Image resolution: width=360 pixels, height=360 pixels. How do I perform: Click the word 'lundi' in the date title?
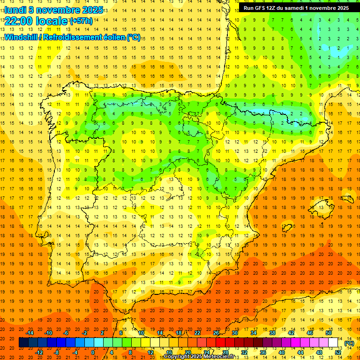(x=15, y=9)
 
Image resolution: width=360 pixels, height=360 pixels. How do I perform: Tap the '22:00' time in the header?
(x=19, y=21)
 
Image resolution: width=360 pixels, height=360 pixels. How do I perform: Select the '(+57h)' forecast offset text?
(x=81, y=21)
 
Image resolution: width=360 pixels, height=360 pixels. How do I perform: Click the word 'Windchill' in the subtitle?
(x=22, y=37)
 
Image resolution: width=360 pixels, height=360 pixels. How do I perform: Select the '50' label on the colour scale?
(x=329, y=333)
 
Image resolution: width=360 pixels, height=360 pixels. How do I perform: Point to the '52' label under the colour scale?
(x=338, y=352)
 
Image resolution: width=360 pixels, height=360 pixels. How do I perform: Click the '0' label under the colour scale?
(x=93, y=352)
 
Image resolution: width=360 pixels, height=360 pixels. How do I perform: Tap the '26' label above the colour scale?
(x=216, y=333)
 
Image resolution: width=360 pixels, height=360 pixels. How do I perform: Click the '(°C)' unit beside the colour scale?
(x=349, y=343)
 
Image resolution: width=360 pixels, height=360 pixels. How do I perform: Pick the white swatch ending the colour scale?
(x=333, y=343)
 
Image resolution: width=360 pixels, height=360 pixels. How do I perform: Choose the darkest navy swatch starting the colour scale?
(x=23, y=343)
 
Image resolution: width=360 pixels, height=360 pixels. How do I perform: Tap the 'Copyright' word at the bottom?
(x=177, y=357)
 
